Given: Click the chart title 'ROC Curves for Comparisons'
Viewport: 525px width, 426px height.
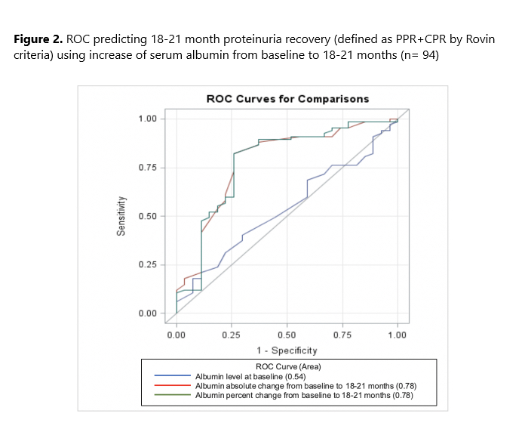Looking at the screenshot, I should (x=288, y=99).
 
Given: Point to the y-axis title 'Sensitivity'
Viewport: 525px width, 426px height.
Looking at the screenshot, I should (x=121, y=216).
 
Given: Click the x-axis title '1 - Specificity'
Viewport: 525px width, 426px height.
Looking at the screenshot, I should (x=287, y=350).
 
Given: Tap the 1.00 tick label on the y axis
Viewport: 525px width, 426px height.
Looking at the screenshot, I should (x=148, y=119).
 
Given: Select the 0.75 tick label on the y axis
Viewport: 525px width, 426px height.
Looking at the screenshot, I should (x=148, y=168).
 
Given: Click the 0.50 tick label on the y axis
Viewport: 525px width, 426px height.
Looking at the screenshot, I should (x=148, y=216).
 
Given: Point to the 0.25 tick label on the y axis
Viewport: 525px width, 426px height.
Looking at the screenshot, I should (x=148, y=265).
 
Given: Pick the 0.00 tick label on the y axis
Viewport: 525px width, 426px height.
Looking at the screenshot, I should (x=148, y=313).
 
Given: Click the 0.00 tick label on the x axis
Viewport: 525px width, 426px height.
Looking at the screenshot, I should (x=177, y=334).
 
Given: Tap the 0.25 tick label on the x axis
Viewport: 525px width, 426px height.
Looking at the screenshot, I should (x=232, y=334).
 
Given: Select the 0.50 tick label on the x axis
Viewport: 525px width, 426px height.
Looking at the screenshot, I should (x=287, y=334).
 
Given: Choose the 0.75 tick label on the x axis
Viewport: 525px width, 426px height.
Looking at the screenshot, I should (x=342, y=334).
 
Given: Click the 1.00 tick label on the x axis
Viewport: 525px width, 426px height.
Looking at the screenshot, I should (x=398, y=334).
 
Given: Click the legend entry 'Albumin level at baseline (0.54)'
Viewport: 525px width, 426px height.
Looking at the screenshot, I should (x=253, y=376).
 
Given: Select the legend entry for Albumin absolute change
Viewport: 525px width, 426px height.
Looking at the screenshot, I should (x=305, y=385).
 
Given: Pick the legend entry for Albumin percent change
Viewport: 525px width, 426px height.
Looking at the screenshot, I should (x=305, y=394).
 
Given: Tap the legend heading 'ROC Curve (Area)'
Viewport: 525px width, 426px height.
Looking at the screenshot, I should (x=287, y=366).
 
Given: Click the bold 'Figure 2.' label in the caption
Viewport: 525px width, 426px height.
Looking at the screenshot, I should (x=38, y=39).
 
